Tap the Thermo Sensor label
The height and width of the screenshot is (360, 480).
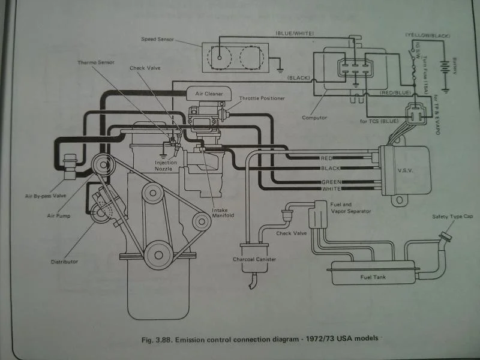pos(96,63)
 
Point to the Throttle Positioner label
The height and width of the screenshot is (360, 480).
pos(262,98)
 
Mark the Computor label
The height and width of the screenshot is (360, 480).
pos(314,118)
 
